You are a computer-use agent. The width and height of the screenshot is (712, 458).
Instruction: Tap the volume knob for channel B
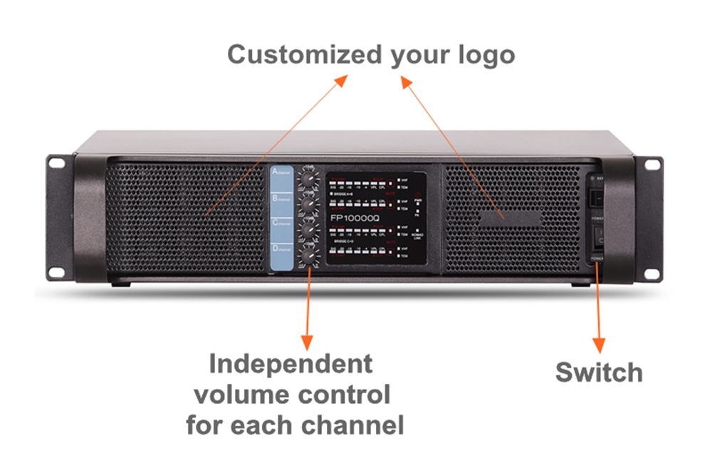tap(308, 205)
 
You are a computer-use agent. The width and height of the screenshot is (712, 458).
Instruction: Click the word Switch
tap(598, 372)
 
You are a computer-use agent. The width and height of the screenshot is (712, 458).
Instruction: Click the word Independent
tap(290, 365)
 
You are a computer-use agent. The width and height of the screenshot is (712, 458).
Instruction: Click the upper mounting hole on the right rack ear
tap(651, 166)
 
